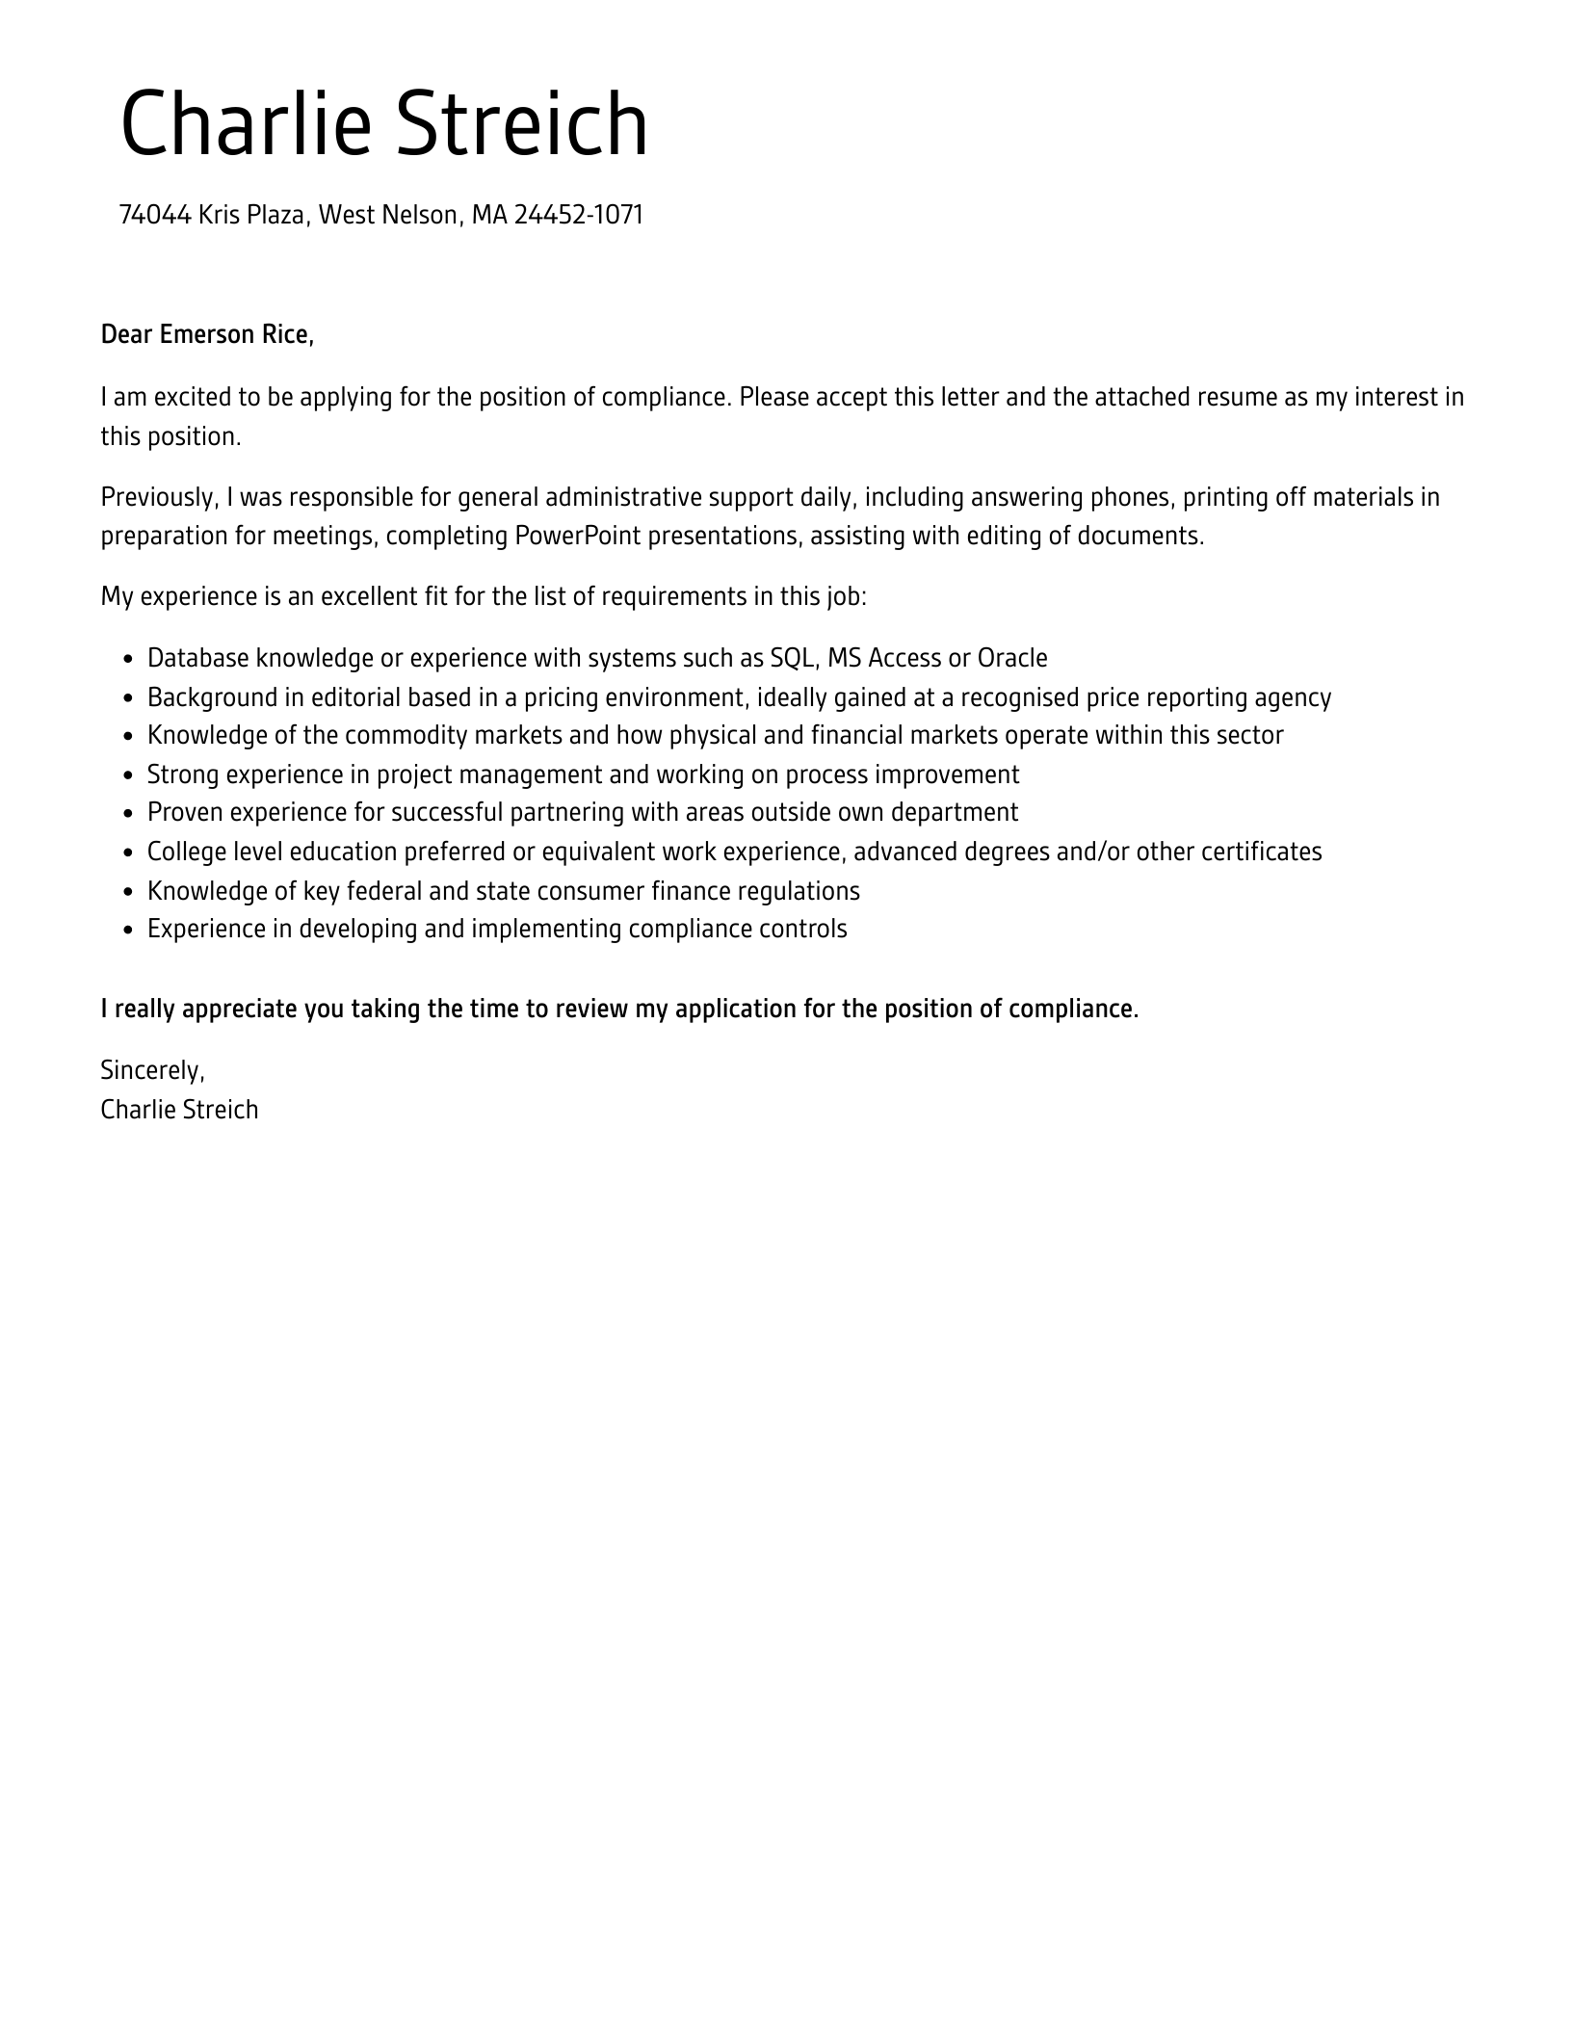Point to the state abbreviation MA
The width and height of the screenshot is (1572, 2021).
[488, 215]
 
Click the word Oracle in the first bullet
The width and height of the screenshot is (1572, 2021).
[1012, 658]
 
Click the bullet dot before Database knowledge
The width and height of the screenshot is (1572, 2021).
[129, 660]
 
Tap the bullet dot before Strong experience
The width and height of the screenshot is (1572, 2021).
[129, 776]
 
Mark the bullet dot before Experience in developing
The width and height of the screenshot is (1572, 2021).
[129, 931]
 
